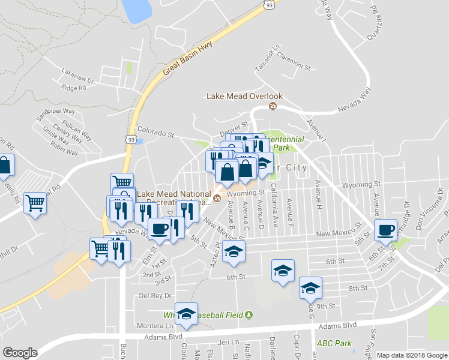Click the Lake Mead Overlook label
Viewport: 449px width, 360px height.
coord(244,96)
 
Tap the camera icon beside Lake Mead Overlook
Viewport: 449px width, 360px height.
coord(273,106)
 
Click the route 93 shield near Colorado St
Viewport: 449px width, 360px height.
coord(130,139)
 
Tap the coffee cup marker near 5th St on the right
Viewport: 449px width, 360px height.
coord(386,229)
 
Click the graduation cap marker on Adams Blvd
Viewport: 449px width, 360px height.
coord(187,314)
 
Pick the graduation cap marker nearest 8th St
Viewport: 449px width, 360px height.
coord(310,289)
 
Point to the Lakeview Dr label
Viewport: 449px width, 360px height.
coord(78,79)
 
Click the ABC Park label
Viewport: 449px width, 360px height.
coord(334,344)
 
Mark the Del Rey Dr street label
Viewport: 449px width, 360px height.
coord(152,296)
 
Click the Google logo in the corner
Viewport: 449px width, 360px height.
coord(20,353)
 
